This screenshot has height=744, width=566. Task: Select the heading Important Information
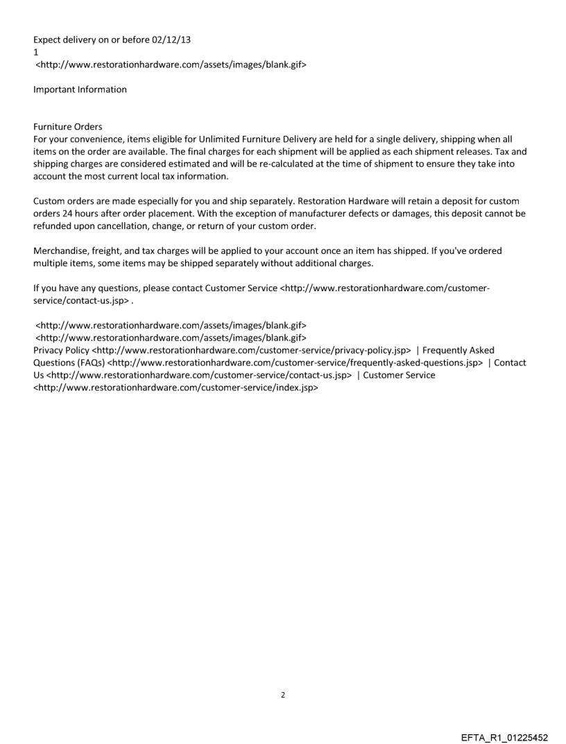pyautogui.click(x=80, y=89)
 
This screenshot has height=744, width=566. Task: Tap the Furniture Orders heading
pyautogui.click(x=67, y=127)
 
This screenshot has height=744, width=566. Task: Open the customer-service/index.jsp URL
pyautogui.click(x=175, y=388)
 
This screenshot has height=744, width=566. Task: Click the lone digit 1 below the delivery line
pyautogui.click(x=36, y=52)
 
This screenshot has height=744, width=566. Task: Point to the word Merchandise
pyautogui.click(x=61, y=250)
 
